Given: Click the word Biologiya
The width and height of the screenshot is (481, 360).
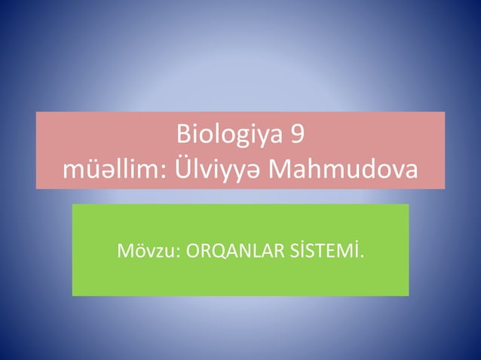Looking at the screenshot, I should (x=230, y=136).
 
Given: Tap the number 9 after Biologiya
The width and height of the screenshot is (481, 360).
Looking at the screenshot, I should (x=299, y=136).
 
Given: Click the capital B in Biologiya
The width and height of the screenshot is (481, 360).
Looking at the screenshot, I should (x=183, y=136).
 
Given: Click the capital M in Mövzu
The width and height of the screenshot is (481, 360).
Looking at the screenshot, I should (x=124, y=250).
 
